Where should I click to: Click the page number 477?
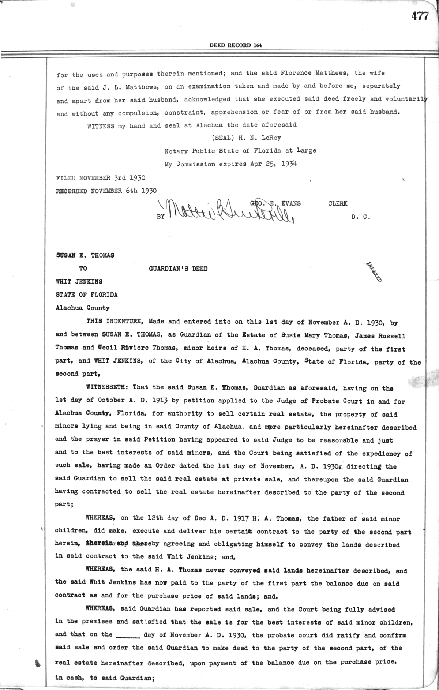pyautogui.click(x=419, y=17)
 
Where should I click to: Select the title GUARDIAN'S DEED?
pyautogui.click(x=178, y=269)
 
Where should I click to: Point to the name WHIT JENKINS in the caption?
pyautogui.click(x=79, y=282)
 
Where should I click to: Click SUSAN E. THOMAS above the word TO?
pyautogui.click(x=85, y=255)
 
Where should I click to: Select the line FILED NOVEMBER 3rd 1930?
pyautogui.click(x=101, y=178)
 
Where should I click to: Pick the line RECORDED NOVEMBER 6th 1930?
pyautogui.click(x=106, y=191)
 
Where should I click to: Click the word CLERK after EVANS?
pyautogui.click(x=338, y=204)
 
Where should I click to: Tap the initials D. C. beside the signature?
pyautogui.click(x=361, y=217)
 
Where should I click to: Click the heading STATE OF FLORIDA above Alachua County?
pyautogui.click(x=87, y=295)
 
